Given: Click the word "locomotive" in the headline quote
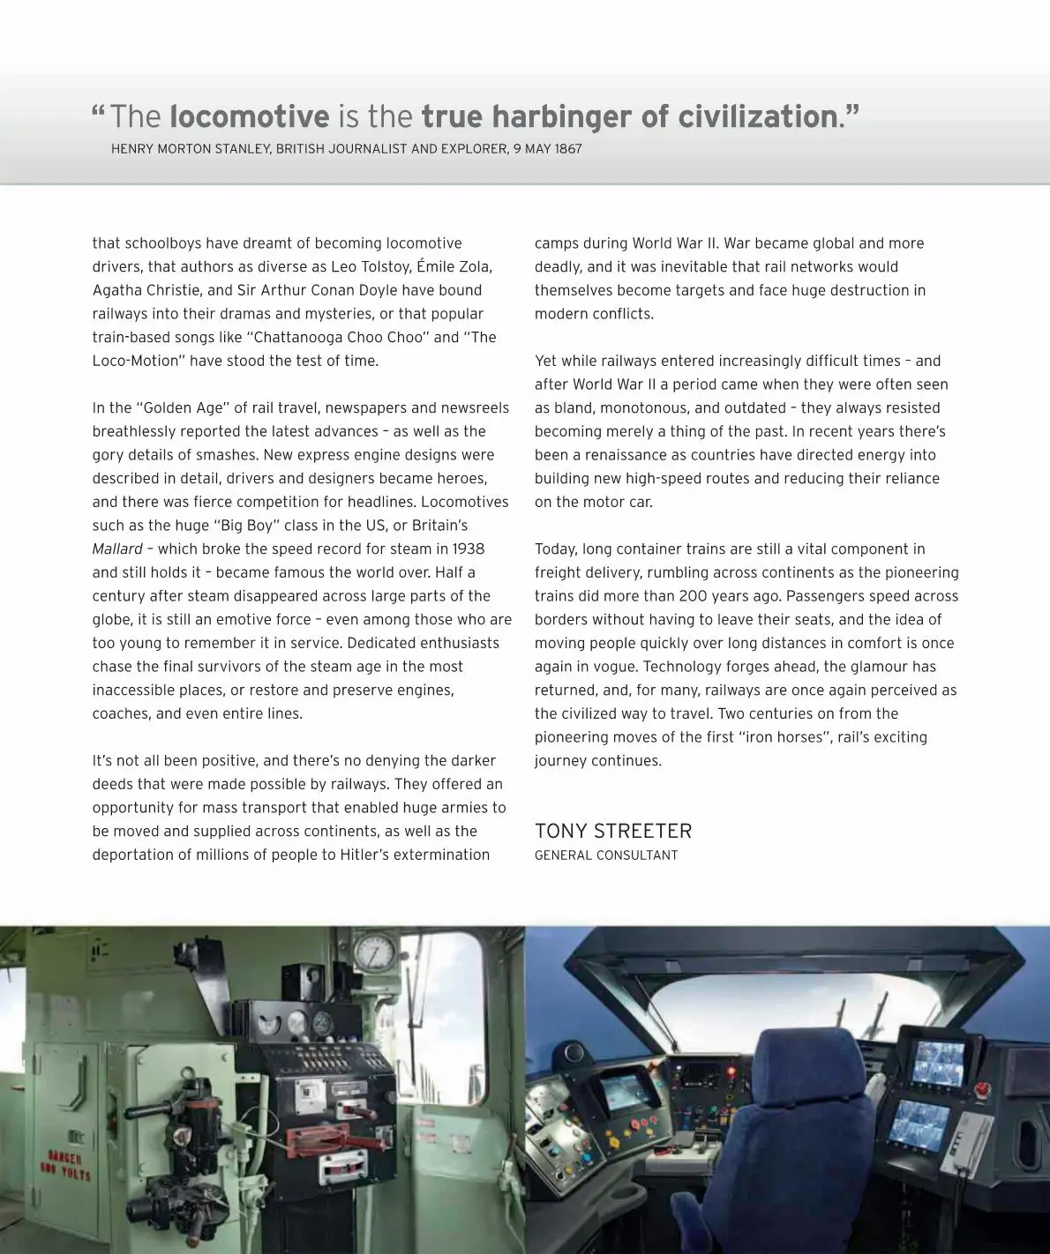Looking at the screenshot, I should pyautogui.click(x=249, y=116).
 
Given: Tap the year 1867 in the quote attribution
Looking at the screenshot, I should pyautogui.click(x=568, y=149).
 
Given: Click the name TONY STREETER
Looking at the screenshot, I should pyautogui.click(x=613, y=831).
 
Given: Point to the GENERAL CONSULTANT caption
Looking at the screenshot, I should pyautogui.click(x=606, y=855).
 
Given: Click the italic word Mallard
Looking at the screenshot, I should pyautogui.click(x=117, y=549).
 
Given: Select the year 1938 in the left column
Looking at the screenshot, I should pyautogui.click(x=463, y=549).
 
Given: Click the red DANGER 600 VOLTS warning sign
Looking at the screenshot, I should pyautogui.click(x=64, y=1165).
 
